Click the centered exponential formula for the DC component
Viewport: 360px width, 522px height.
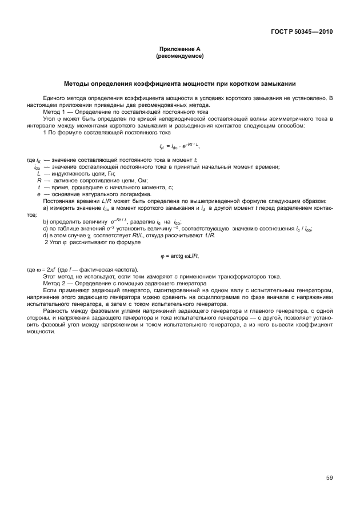click(x=180, y=147)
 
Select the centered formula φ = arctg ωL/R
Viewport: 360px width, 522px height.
click(x=180, y=256)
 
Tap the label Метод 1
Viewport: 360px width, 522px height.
click(x=56, y=112)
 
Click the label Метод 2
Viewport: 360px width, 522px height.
click(x=56, y=284)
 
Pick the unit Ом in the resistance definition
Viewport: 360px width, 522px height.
click(x=138, y=180)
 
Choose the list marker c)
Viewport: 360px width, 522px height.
click(x=46, y=228)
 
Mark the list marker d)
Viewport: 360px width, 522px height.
click(x=46, y=235)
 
